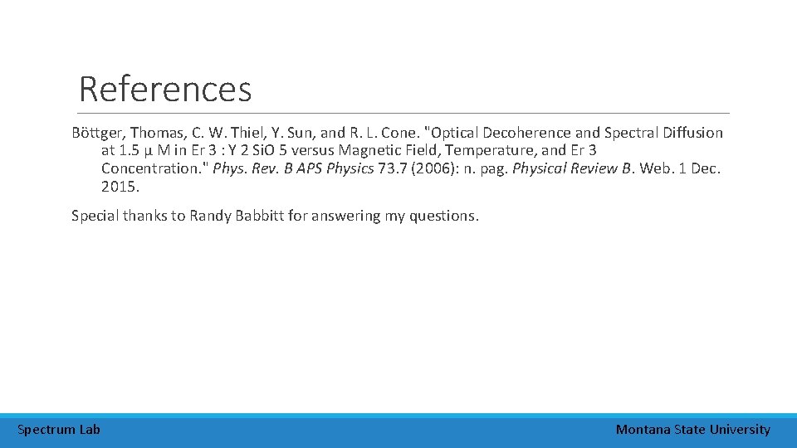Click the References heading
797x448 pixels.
(164, 89)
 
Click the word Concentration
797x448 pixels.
(154, 169)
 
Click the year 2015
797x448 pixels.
(120, 187)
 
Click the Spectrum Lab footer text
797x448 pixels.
(58, 430)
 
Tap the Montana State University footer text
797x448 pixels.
(692, 430)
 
